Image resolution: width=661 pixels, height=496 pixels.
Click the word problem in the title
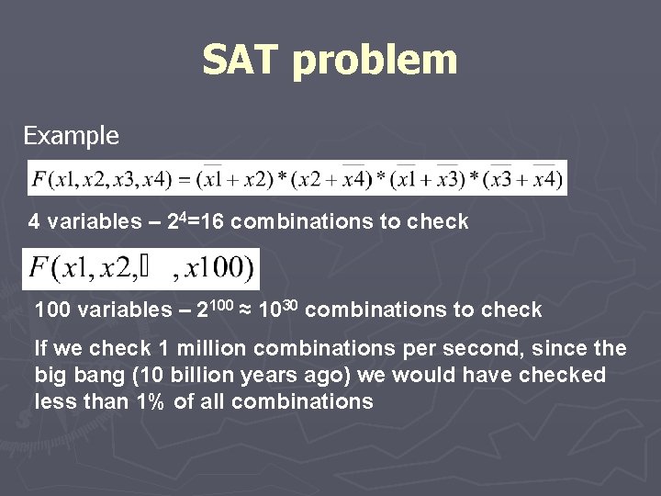pos(375,62)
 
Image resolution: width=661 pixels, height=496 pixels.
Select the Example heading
pos(71,136)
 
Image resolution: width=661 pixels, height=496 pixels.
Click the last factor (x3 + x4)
pos(525,178)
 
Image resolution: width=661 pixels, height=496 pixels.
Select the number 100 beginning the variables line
pos(52,310)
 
